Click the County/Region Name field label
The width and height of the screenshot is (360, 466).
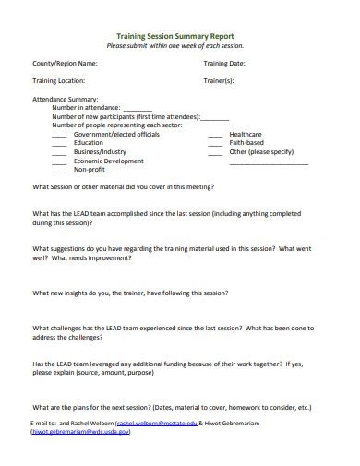pyautogui.click(x=65, y=64)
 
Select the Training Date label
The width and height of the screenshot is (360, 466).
pyautogui.click(x=224, y=64)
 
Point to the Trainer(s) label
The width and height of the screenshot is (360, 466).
pyautogui.click(x=219, y=81)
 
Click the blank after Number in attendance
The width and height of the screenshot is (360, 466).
pyautogui.click(x=138, y=108)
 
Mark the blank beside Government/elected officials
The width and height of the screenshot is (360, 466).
pyautogui.click(x=59, y=135)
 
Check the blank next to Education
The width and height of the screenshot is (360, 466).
pyautogui.click(x=59, y=143)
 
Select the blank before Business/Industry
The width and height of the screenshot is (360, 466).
pyautogui.click(x=59, y=152)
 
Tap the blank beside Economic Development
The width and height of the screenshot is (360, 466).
pyautogui.click(x=59, y=161)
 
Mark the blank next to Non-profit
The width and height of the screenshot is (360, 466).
pyautogui.click(x=59, y=170)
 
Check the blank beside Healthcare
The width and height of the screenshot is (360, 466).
pyautogui.click(x=215, y=135)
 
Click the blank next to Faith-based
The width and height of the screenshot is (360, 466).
pyautogui.click(x=215, y=143)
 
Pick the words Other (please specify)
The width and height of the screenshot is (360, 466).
pyautogui.click(x=261, y=151)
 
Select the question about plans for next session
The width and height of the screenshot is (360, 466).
pyautogui.click(x=172, y=407)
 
